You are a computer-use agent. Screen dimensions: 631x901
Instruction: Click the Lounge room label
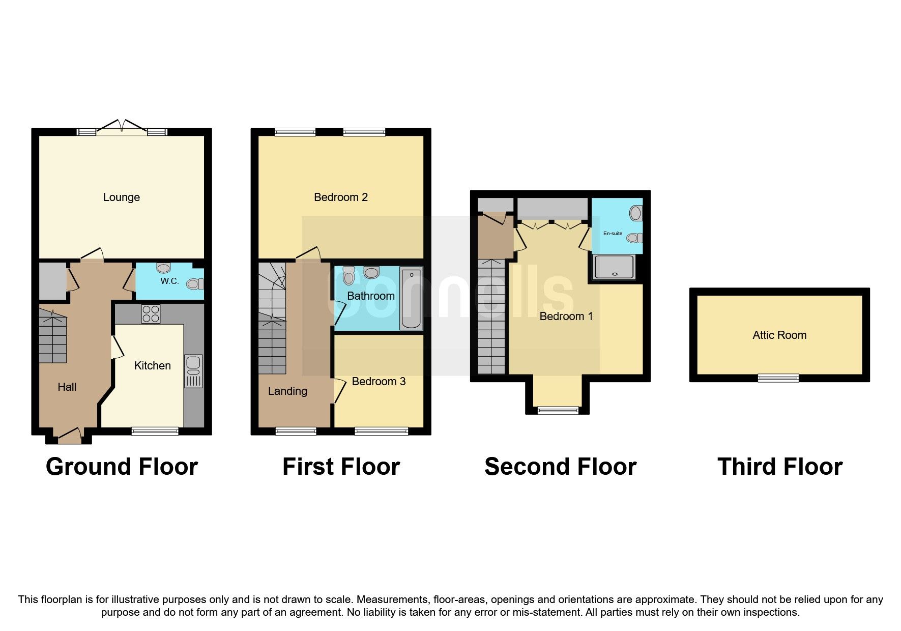click(x=121, y=197)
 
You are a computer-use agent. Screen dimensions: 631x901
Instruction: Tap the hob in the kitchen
click(x=151, y=314)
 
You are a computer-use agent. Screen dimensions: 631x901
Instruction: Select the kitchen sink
click(x=193, y=370)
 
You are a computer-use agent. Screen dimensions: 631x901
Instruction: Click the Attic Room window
click(x=778, y=378)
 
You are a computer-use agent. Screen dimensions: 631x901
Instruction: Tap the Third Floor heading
click(x=779, y=467)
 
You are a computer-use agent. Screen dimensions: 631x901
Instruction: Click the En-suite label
click(x=613, y=234)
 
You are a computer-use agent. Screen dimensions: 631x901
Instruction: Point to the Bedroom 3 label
click(x=379, y=382)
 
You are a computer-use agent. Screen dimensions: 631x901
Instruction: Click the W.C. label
click(x=169, y=281)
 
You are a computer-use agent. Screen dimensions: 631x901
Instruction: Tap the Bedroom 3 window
click(x=381, y=431)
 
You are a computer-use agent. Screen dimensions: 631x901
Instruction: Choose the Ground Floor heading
click(x=122, y=467)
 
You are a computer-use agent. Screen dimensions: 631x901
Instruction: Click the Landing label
click(x=287, y=391)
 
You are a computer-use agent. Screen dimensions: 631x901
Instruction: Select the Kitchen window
click(x=155, y=431)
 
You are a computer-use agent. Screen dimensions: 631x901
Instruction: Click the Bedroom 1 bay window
click(x=558, y=410)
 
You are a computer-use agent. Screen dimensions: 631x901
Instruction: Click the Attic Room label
click(x=779, y=335)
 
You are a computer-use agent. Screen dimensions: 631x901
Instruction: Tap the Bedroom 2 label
click(x=340, y=197)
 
